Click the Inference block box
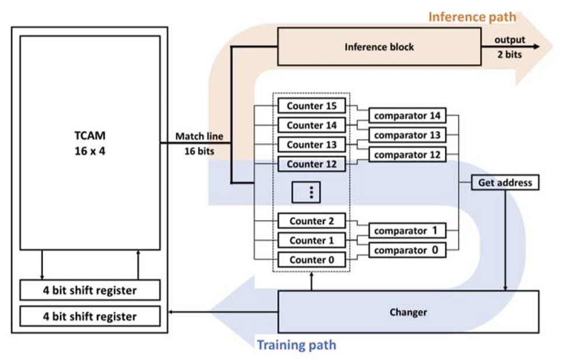pos(378,47)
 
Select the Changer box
pos(408,312)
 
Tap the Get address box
pos(505,183)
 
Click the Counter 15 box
pos(312,106)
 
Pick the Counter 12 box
pos(312,164)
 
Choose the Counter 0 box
pos(312,260)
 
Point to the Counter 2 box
pos(312,221)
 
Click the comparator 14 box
pos(407,116)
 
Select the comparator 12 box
pos(407,155)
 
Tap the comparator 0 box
pos(407,250)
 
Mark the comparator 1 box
pos(407,230)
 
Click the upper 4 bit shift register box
pos(90,290)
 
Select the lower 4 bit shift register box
pos(90,316)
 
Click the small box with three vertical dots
pos(312,192)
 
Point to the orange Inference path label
pos(472,16)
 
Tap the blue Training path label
pos(297,345)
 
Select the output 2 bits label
pos(510,47)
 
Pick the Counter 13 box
pos(312,145)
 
